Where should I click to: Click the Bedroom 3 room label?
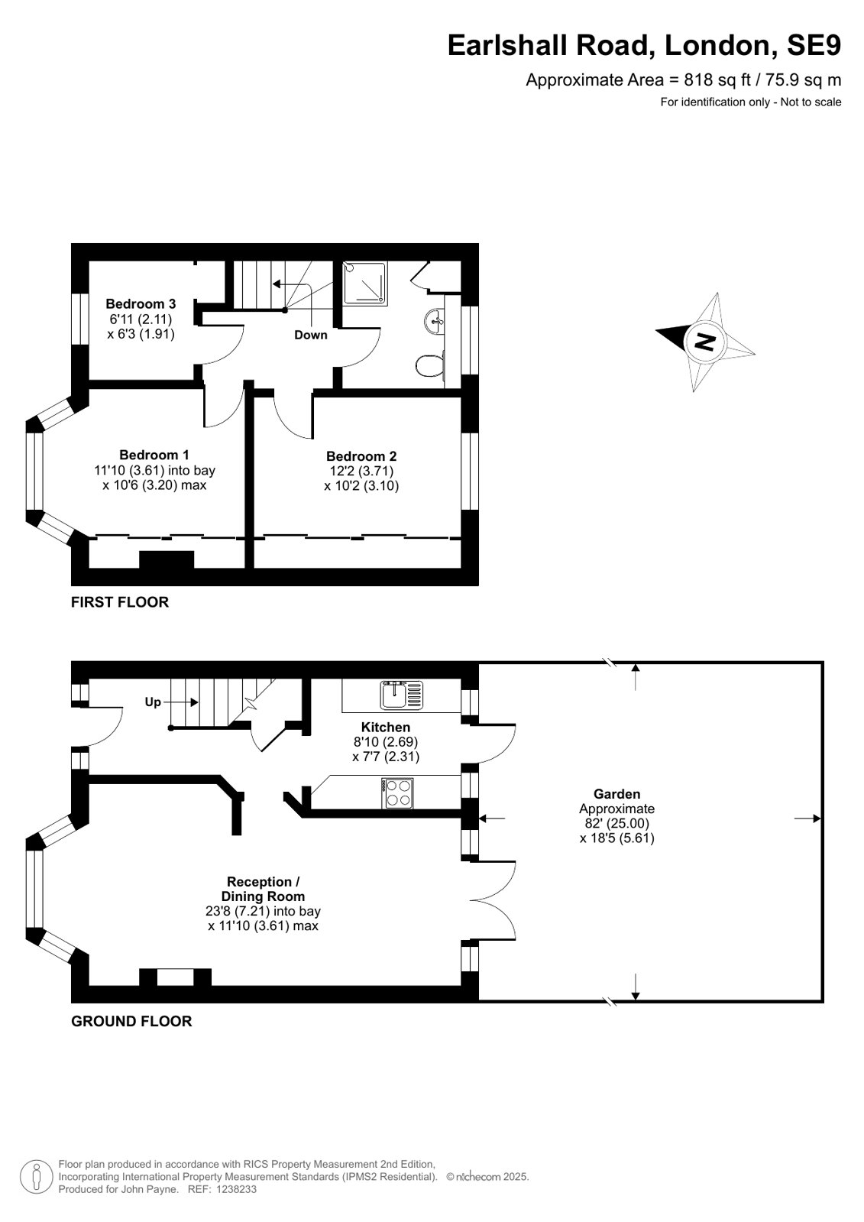pos(141,304)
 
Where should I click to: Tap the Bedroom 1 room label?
pos(154,455)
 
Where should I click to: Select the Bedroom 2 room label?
pos(361,456)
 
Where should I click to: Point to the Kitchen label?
pos(386,728)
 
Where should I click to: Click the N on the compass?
pos(705,342)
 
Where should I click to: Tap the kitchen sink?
pos(402,695)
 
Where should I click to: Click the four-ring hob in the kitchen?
pos(397,793)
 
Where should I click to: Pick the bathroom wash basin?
pos(434,321)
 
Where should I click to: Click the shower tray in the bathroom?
pos(365,283)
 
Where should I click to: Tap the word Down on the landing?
pos(311,335)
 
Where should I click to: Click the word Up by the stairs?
pos(153,702)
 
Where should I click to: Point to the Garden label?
pos(617,794)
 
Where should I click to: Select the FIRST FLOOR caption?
pos(120,602)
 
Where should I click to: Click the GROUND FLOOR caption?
pos(131,1021)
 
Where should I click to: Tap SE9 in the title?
pos(814,45)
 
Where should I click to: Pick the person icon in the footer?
pos(37,1177)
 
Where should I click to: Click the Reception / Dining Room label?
pos(263,889)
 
